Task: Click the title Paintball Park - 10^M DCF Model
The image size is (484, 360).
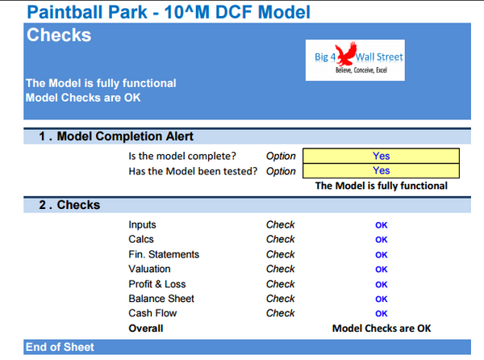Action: (167, 12)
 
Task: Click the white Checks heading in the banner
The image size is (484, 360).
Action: (59, 36)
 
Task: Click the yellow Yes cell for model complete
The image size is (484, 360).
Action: (381, 156)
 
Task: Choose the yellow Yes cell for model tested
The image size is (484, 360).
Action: (381, 170)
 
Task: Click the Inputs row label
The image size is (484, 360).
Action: (142, 224)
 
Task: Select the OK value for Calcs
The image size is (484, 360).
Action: (381, 240)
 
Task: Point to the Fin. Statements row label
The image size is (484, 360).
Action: (164, 254)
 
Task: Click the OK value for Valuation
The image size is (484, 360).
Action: (381, 270)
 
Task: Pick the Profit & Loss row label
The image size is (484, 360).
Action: (156, 284)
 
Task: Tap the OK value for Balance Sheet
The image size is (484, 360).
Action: (381, 299)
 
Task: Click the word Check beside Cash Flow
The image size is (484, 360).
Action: (280, 313)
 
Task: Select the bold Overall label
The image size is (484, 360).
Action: (145, 329)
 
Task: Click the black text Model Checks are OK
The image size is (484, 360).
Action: (382, 329)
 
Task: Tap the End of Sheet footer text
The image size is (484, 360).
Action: (60, 347)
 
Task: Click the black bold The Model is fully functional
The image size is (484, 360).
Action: (381, 186)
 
